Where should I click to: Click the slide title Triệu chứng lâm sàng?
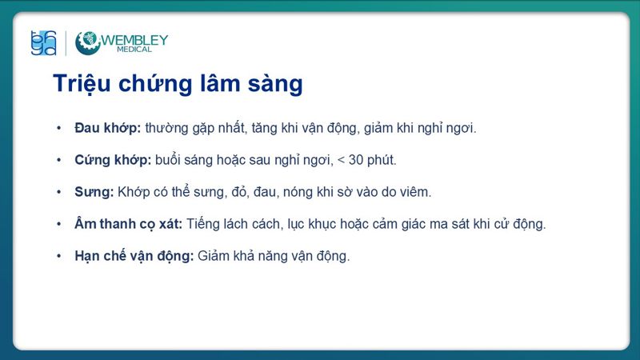pos(177,84)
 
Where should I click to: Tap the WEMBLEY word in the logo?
pos(134,38)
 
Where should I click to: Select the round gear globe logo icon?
pos(88,43)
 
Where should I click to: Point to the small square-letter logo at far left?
pos(43,43)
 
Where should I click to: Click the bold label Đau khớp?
pos(107,128)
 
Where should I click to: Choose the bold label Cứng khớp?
pos(112,160)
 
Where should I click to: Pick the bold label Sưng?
pos(94,192)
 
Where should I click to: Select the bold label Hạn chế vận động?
pos(134,256)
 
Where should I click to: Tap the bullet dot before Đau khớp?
pos(58,128)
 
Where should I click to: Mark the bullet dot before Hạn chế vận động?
pos(58,256)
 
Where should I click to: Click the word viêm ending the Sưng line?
pos(415,192)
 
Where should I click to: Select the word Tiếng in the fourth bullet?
pos(204,224)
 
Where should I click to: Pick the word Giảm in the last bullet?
pos(214,257)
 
